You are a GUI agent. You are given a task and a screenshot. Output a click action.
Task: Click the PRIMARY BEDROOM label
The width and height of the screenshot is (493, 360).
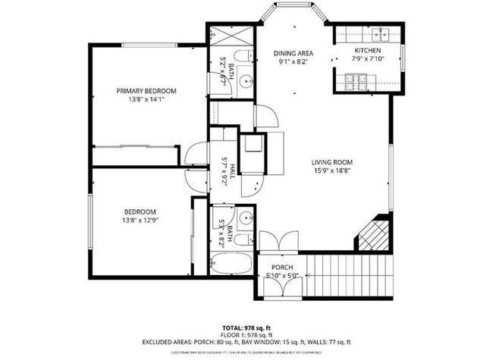(x=146, y=90)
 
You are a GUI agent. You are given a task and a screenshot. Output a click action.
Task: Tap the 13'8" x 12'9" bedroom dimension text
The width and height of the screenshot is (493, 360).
(x=140, y=221)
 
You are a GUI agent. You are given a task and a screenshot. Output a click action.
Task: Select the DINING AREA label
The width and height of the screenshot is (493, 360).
(x=292, y=53)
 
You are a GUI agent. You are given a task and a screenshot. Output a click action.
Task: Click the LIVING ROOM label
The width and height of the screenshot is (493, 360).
(x=332, y=161)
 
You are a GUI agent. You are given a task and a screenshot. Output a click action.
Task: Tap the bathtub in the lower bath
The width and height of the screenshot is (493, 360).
(x=232, y=262)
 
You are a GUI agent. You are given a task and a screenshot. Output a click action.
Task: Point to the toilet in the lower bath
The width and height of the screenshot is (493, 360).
(x=242, y=239)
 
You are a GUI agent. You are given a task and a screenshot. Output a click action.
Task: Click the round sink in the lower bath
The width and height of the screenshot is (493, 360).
(x=245, y=218)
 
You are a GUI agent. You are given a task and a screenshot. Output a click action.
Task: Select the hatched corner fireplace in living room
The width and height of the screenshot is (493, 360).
(x=375, y=234)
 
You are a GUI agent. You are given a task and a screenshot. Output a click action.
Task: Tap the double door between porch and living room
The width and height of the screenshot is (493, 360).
(x=281, y=242)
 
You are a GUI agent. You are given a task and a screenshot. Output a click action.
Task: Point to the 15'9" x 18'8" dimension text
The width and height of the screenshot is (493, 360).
(x=332, y=171)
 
